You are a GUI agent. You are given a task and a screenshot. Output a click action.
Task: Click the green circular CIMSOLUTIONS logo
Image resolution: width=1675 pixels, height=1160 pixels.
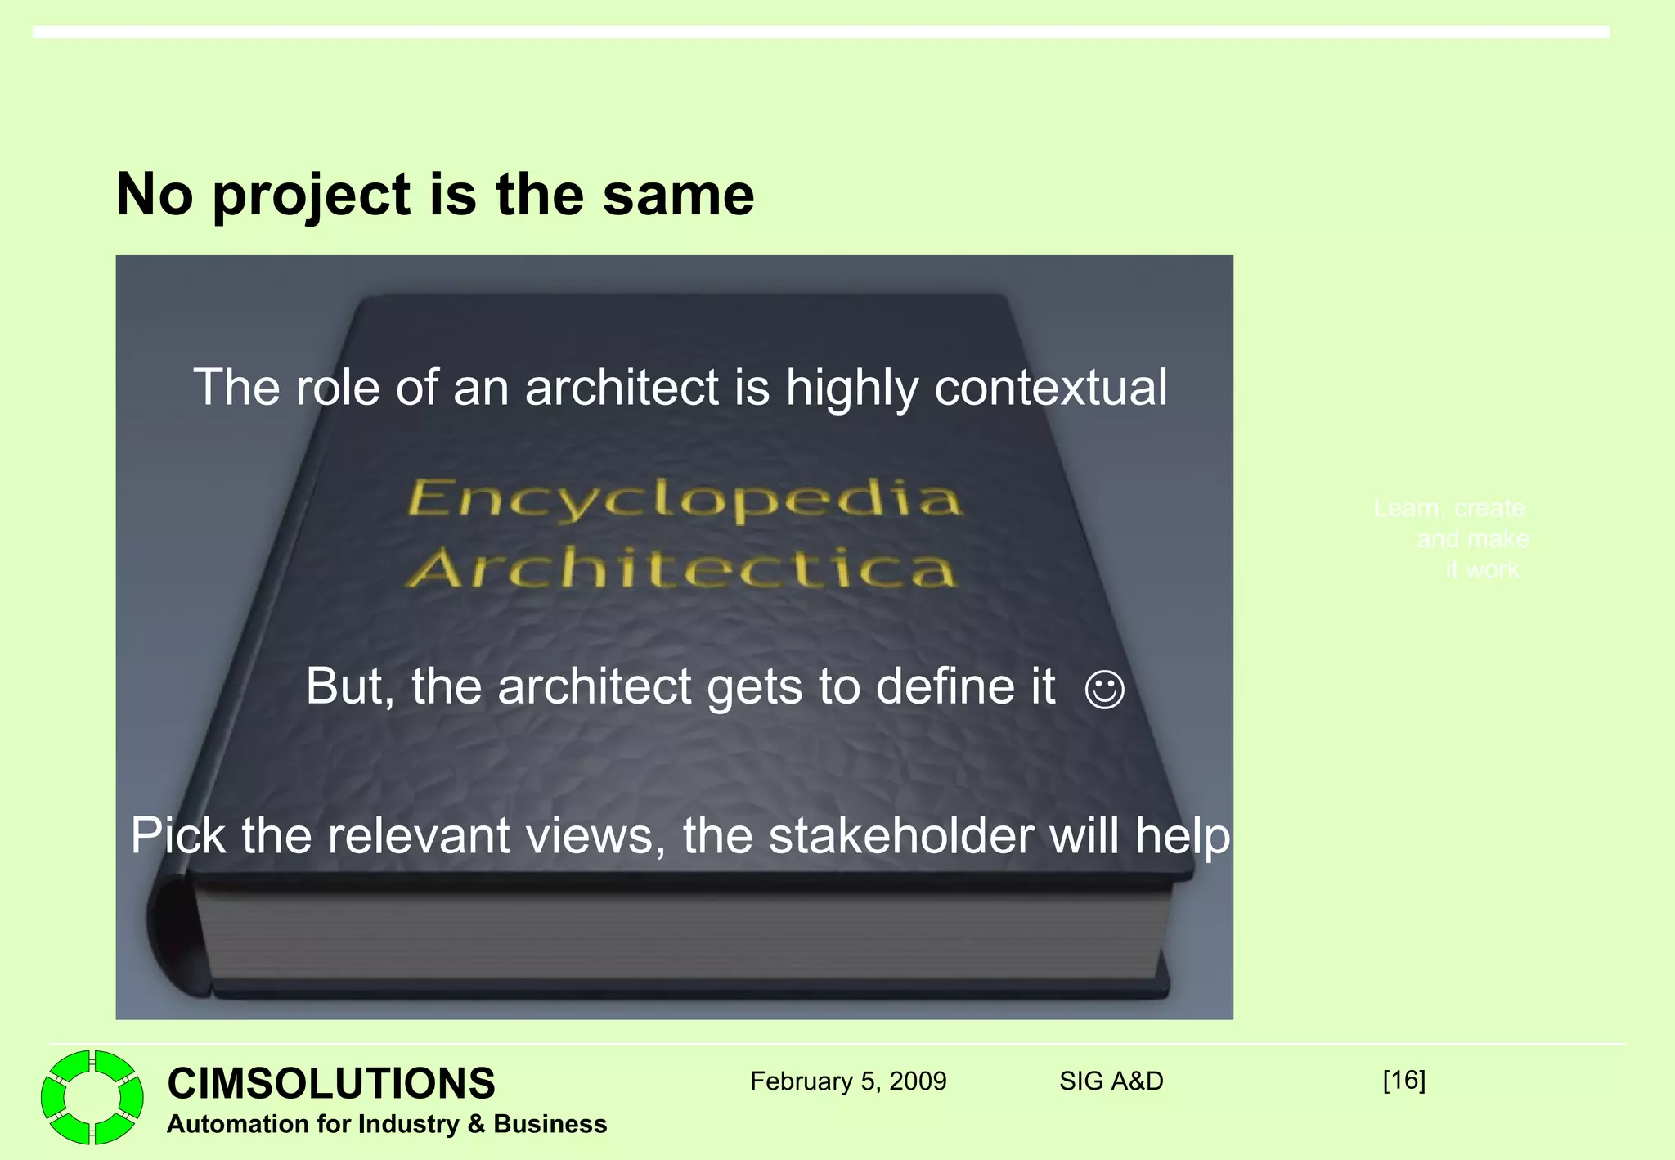pyautogui.click(x=92, y=1097)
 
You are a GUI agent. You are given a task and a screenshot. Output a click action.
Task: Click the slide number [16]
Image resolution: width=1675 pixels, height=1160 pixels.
pyautogui.click(x=1403, y=1080)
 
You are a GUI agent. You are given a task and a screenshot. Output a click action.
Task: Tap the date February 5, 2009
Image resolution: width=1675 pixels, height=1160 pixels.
pyautogui.click(x=848, y=1081)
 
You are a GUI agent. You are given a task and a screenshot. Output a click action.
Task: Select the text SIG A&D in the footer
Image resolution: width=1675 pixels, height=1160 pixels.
pyautogui.click(x=1111, y=1081)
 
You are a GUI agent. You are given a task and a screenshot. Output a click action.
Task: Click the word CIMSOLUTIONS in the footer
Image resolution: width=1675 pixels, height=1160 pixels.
pyautogui.click(x=331, y=1083)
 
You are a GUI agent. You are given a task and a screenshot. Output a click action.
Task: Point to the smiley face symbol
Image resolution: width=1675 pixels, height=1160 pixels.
pyautogui.click(x=1104, y=689)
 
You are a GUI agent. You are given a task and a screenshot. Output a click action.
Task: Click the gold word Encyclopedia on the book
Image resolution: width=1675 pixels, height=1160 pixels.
pyautogui.click(x=684, y=499)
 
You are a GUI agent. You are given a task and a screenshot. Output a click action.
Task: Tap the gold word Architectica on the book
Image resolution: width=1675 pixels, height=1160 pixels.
pyautogui.click(x=681, y=568)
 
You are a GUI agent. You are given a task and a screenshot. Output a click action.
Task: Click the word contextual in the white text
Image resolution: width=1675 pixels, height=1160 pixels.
pyautogui.click(x=1051, y=387)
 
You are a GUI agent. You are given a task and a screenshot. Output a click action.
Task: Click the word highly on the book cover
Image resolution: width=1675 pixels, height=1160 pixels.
pyautogui.click(x=851, y=389)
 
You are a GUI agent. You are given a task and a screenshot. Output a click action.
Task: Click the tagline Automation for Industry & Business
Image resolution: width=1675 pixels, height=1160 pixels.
pyautogui.click(x=387, y=1124)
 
